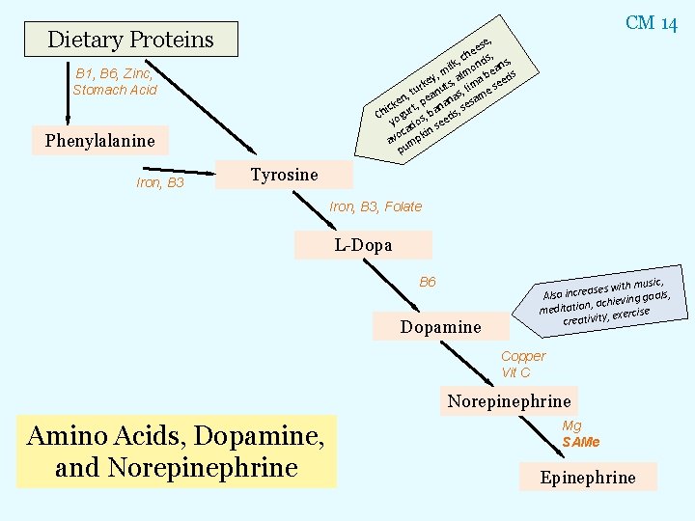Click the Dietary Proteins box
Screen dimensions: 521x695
(130, 40)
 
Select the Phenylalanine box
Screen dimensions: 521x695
(99, 141)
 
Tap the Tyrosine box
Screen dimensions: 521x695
(284, 175)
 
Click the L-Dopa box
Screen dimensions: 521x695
(363, 245)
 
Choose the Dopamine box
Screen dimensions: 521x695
(440, 327)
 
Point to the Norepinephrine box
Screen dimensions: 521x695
(509, 401)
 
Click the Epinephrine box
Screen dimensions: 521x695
(588, 477)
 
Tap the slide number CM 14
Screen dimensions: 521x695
(652, 23)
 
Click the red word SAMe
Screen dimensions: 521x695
(581, 442)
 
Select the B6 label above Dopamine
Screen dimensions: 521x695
(428, 282)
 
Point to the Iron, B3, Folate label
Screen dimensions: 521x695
(375, 206)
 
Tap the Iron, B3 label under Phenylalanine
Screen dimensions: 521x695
(159, 182)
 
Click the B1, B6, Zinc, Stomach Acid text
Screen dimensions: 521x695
(115, 81)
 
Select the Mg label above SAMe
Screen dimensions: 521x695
(571, 425)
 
